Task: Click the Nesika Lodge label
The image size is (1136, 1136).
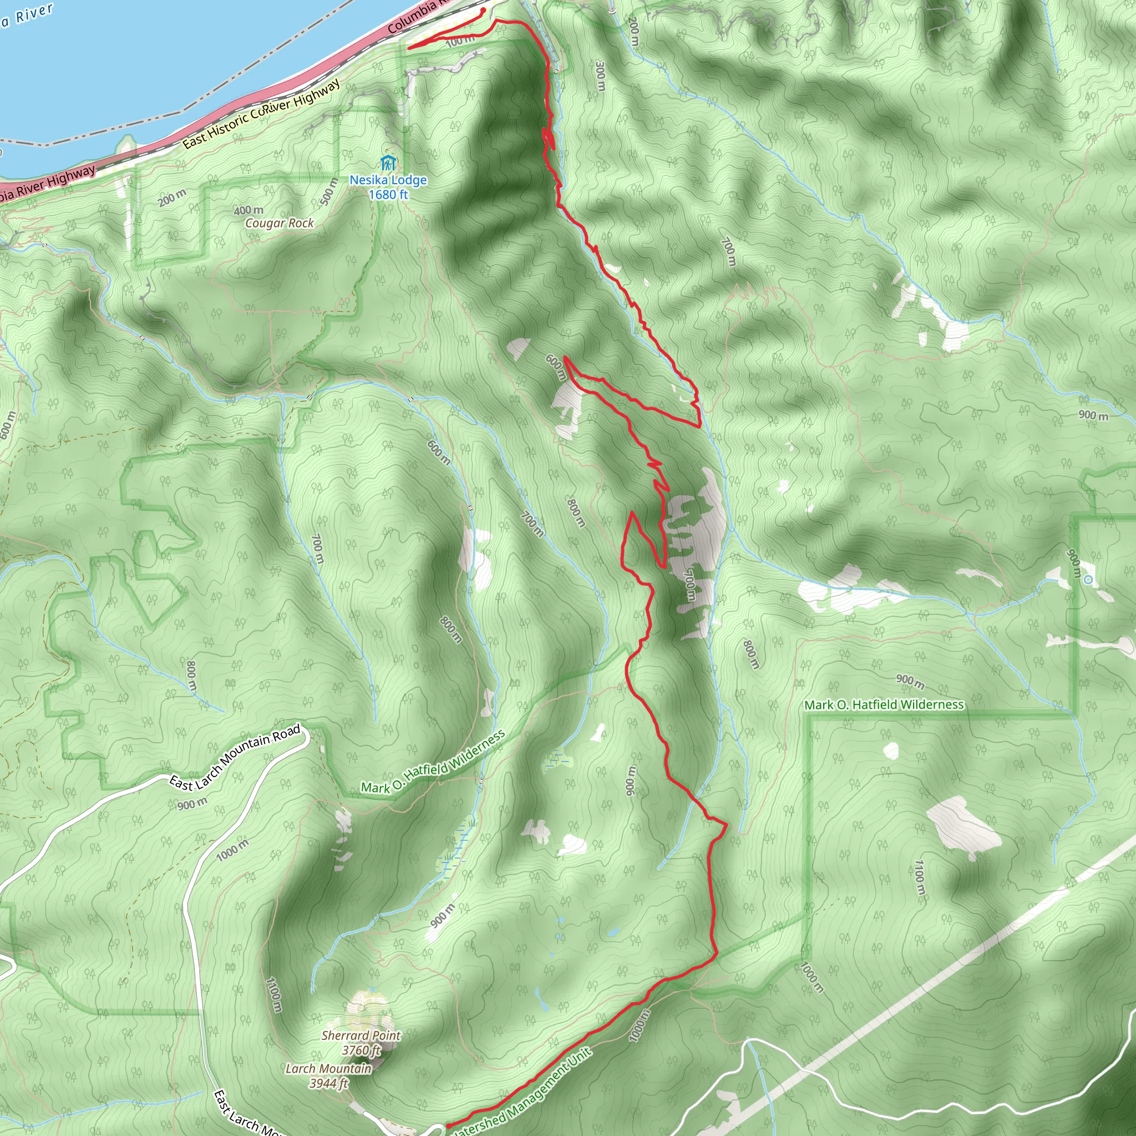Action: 388,180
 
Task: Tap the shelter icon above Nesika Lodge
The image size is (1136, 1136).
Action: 388,163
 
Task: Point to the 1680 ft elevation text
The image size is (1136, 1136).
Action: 388,194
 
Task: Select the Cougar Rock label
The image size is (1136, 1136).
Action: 280,223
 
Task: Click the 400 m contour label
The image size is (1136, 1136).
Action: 248,210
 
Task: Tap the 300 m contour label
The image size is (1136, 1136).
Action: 600,77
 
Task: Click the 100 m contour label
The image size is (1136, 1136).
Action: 460,40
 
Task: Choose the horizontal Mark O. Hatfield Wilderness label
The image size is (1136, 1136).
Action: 884,704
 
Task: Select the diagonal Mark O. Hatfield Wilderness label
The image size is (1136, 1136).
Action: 433,762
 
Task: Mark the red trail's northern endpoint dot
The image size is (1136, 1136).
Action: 483,10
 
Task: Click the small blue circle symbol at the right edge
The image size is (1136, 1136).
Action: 1088,580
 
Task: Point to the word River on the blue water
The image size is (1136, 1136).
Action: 34,13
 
